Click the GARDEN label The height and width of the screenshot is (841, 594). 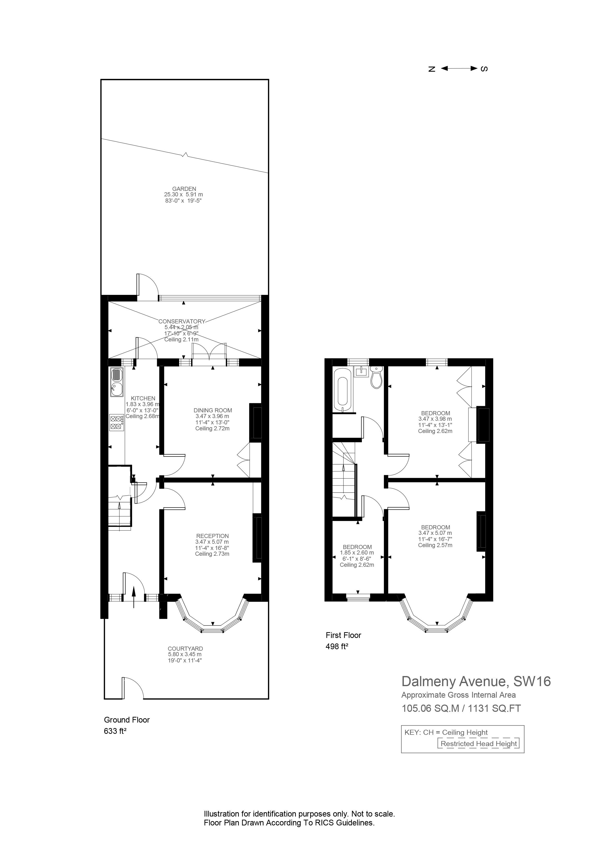(184, 189)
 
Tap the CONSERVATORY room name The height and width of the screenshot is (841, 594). (182, 321)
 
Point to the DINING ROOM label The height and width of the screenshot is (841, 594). (213, 410)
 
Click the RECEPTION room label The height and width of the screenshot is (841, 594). (212, 536)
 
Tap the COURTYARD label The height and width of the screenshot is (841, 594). (185, 648)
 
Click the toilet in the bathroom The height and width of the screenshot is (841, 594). (377, 378)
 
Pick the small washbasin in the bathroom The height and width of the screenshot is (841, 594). (361, 371)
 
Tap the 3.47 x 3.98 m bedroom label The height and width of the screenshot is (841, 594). (435, 413)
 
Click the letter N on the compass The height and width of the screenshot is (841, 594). (432, 69)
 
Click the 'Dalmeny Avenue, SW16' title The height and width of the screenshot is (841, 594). (476, 681)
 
